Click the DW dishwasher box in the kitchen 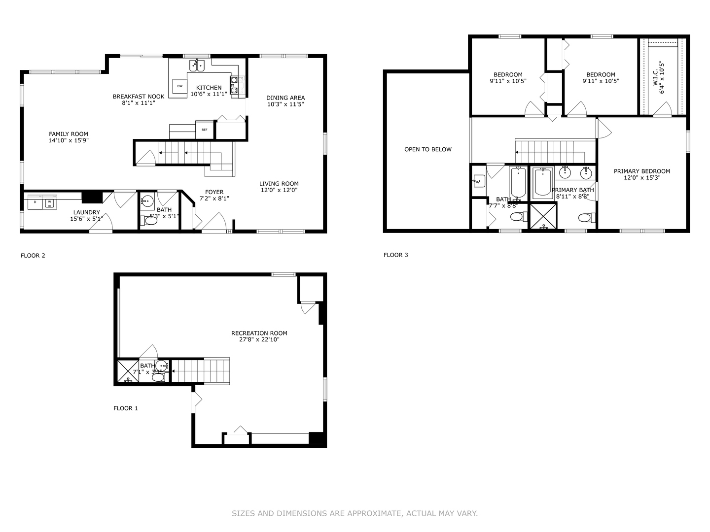coord(180,86)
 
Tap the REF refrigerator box coord(204,130)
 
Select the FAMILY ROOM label coord(69,134)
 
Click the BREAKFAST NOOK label coord(139,97)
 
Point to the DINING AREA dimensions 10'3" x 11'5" coord(285,104)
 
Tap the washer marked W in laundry coord(49,202)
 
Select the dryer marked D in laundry coord(35,202)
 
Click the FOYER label coord(214,192)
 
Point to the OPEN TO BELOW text coord(427,149)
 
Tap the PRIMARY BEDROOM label coord(641,171)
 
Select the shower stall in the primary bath coord(542,216)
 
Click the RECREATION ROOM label coord(259,333)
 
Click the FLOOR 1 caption coord(126,408)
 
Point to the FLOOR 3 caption coord(395,255)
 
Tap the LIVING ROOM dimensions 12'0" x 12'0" coord(279,190)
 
